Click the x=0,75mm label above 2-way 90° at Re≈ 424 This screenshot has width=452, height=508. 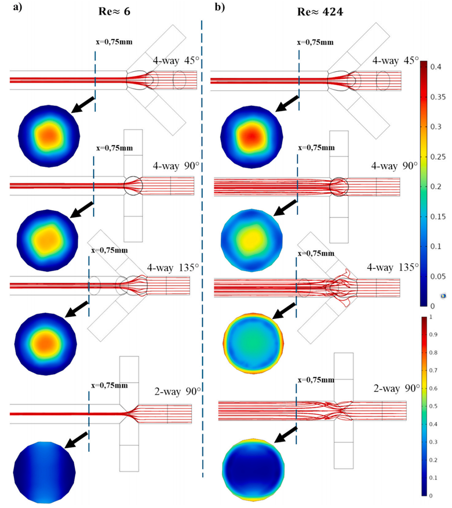tap(316, 380)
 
